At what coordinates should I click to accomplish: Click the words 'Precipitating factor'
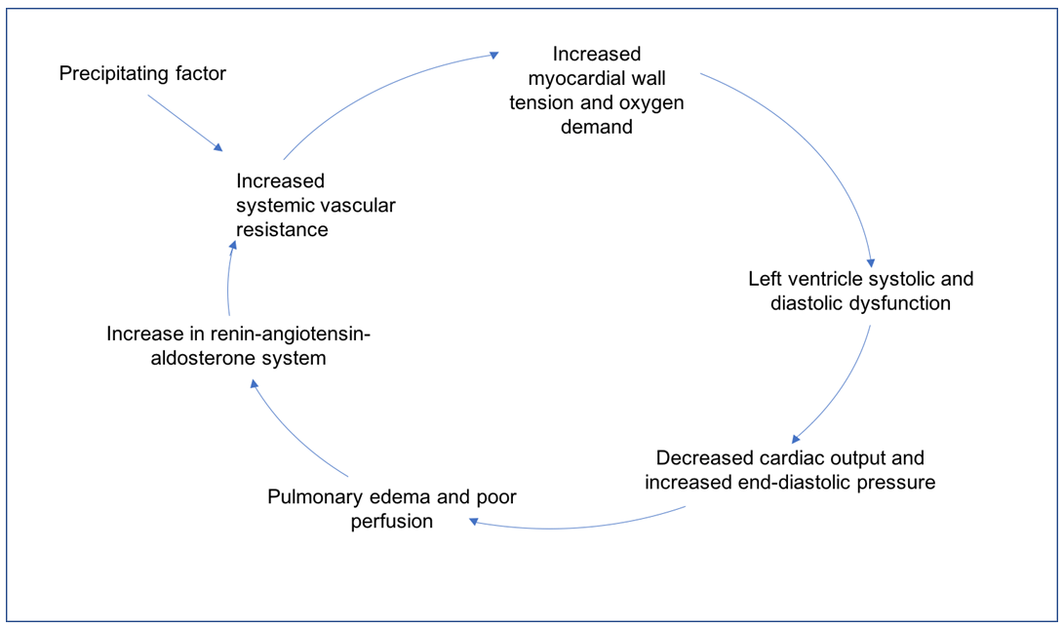pos(142,73)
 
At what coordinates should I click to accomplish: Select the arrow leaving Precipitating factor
pos(185,123)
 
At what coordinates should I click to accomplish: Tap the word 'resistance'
pos(282,229)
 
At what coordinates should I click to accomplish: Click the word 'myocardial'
pos(597,79)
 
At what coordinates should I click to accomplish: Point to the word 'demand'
pos(597,127)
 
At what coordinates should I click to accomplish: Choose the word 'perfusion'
pos(392,522)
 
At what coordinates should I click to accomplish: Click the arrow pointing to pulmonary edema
pos(576,527)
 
